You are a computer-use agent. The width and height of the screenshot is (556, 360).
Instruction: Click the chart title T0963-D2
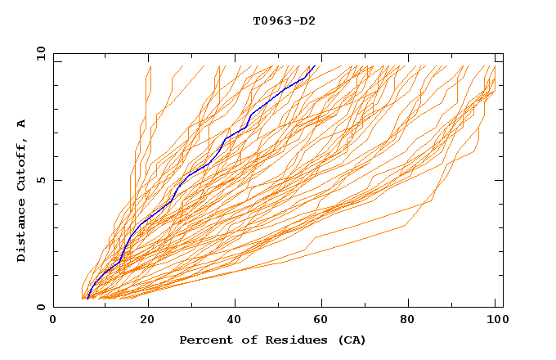pos(284,21)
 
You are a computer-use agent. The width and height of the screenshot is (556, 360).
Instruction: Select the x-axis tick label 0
pos(53,321)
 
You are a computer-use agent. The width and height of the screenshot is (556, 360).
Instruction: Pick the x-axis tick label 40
pos(236,321)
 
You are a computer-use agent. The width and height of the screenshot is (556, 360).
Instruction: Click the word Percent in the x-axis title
pos(204,340)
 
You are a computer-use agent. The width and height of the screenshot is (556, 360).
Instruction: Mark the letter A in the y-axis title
pos(22,124)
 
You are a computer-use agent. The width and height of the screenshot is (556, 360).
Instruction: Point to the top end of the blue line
pos(315,66)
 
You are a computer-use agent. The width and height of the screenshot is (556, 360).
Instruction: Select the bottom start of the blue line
pos(87,299)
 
